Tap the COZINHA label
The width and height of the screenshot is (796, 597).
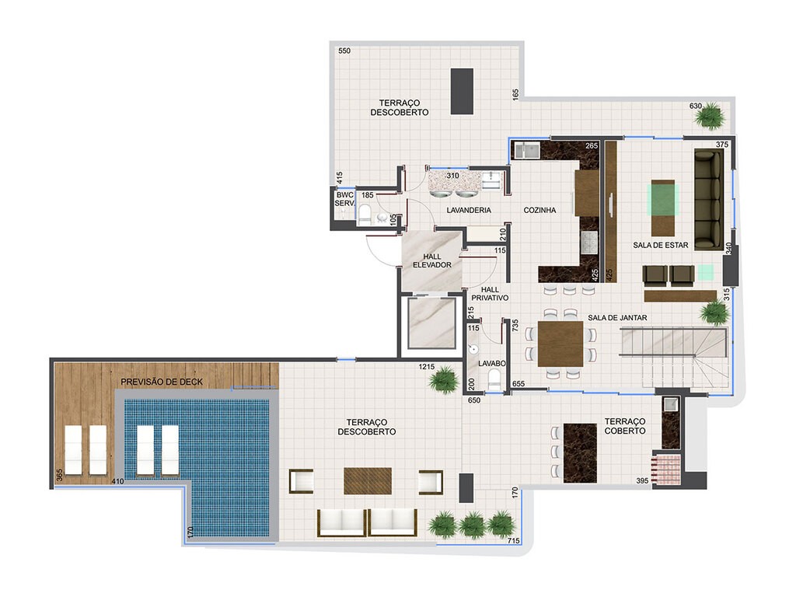(x=539, y=210)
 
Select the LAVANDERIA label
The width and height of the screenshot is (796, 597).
(x=469, y=210)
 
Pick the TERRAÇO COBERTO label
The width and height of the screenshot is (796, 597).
(x=625, y=425)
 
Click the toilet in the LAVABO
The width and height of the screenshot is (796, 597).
(x=494, y=379)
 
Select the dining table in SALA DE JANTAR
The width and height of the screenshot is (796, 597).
(x=560, y=344)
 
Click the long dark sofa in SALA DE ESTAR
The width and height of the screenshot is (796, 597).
(x=708, y=198)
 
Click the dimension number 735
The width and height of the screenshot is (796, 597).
(x=514, y=326)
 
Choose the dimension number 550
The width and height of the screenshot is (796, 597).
(x=344, y=51)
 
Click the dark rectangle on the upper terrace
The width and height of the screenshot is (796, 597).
(x=462, y=91)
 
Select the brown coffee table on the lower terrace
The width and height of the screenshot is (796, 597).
(x=368, y=480)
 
